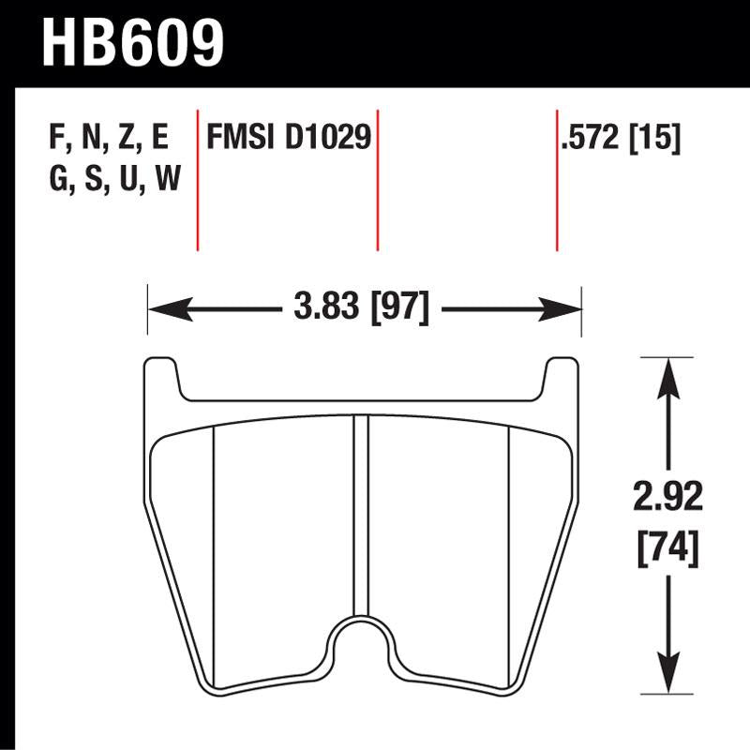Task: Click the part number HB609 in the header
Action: pos(133,42)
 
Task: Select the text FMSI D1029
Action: pos(289,139)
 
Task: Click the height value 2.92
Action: pos(667,498)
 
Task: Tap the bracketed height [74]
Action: pos(667,546)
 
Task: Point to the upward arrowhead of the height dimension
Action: pos(667,375)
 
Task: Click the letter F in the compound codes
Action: pos(53,139)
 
